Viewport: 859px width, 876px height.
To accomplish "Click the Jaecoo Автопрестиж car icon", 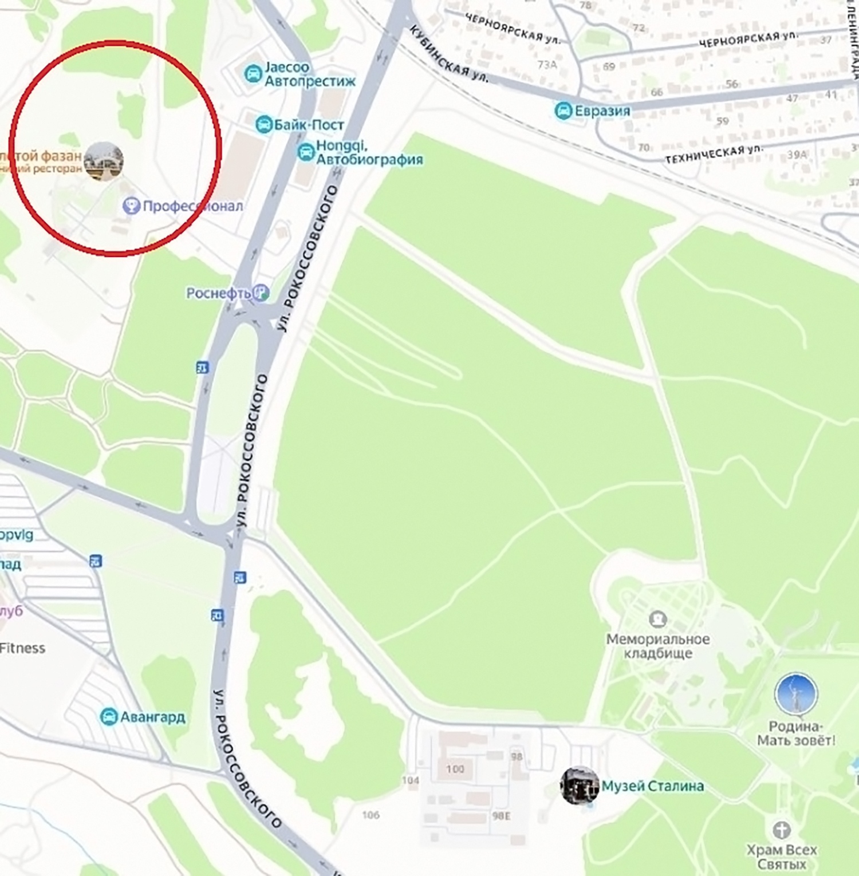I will click(253, 74).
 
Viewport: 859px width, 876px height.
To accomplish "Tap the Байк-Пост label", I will click(309, 125).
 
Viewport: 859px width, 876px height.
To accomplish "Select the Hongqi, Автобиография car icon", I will click(306, 152).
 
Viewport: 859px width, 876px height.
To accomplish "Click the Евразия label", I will click(602, 111).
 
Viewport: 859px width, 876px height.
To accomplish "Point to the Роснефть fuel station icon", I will click(261, 293).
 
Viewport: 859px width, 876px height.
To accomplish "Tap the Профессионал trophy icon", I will click(131, 206).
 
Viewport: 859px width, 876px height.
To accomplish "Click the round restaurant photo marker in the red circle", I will click(104, 161).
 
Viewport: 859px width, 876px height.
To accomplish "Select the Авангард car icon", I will click(108, 716).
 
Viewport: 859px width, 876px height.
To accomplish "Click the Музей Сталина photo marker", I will click(580, 786).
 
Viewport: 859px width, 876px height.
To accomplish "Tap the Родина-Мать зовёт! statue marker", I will click(795, 694).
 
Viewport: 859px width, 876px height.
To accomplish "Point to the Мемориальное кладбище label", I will click(658, 646).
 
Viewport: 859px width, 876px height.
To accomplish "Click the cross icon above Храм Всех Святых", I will click(782, 830).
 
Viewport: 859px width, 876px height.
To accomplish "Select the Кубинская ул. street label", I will click(449, 55).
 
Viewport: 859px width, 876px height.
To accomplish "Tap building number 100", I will click(455, 769).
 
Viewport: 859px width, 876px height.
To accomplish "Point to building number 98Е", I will click(501, 816).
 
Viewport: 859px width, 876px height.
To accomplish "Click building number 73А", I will click(547, 65).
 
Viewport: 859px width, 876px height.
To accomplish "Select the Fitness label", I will click(22, 648).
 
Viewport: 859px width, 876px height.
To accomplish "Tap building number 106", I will click(371, 815).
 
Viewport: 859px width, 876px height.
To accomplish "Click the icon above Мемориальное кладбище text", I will click(657, 619).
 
